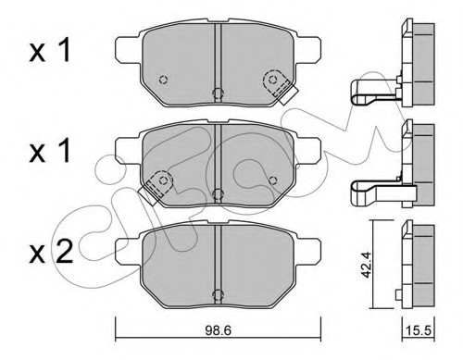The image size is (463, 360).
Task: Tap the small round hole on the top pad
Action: pyautogui.click(x=163, y=78)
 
